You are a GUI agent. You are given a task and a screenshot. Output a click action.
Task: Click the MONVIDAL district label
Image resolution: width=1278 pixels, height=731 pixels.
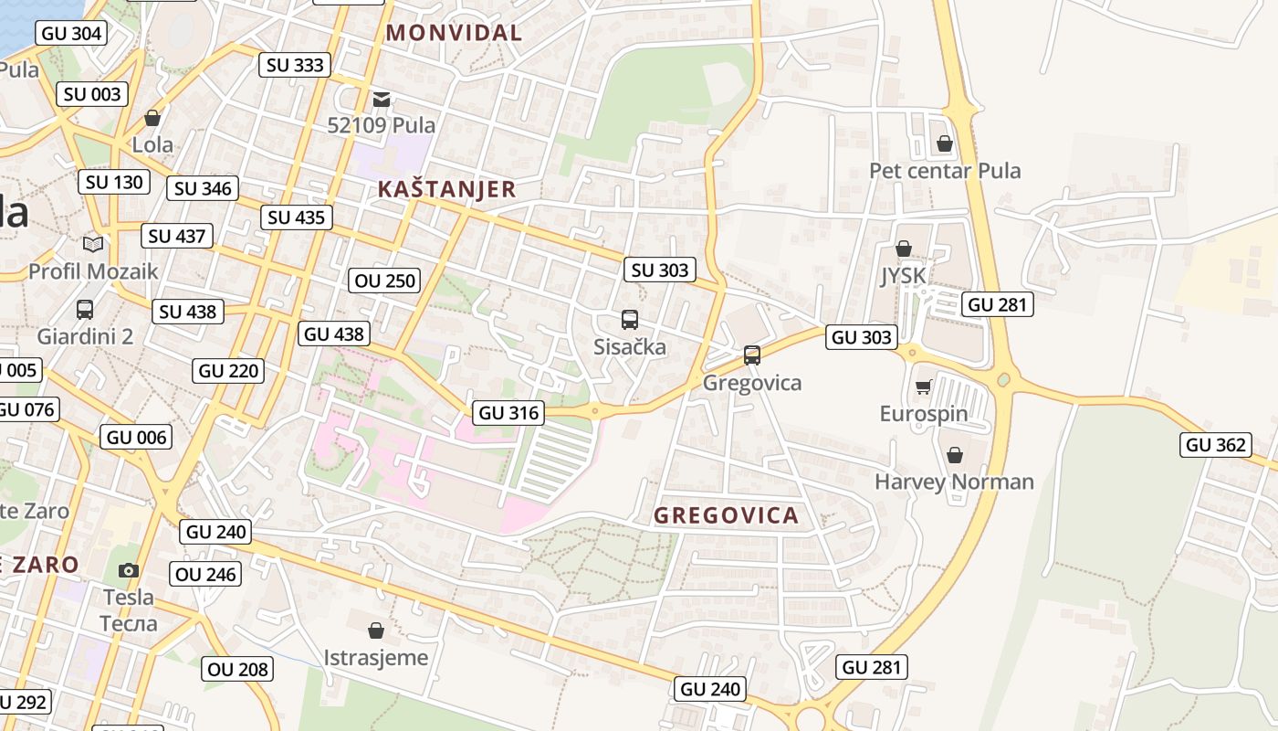point(454,33)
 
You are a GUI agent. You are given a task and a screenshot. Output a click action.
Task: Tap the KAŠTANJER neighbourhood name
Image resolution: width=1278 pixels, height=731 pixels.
point(446,189)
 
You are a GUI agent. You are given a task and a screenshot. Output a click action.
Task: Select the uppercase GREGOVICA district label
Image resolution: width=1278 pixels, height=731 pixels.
point(727,515)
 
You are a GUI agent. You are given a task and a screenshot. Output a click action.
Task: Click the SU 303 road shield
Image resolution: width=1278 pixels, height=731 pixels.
point(660,270)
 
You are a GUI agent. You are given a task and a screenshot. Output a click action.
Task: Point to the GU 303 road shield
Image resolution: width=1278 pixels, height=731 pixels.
point(861,337)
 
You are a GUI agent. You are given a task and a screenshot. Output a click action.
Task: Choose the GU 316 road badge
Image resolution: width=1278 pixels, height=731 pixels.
point(508,413)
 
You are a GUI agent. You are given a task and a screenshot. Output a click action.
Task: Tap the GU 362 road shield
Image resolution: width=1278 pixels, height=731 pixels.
point(1215,445)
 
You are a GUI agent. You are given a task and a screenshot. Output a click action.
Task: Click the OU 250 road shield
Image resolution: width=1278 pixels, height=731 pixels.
point(384,281)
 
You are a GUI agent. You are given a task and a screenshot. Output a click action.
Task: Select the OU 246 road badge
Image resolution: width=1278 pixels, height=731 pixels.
point(205,574)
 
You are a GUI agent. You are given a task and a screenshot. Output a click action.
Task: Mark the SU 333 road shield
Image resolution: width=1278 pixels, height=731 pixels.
point(294,65)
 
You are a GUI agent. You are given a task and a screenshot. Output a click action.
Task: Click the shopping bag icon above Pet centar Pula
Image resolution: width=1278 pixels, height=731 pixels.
point(945,144)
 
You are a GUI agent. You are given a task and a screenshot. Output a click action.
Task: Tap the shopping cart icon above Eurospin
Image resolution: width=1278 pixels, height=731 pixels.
point(923,387)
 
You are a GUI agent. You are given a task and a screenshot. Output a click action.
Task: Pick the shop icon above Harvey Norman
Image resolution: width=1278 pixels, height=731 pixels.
point(954,455)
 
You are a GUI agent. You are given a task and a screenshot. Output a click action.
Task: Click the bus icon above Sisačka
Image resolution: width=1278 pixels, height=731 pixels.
point(630,320)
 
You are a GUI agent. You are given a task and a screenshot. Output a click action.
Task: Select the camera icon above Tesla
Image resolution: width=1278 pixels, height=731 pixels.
point(129,570)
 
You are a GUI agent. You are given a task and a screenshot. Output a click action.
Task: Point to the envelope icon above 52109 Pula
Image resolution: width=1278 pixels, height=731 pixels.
point(382,99)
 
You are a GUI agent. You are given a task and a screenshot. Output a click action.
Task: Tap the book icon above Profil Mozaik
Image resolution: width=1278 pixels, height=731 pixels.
point(93,244)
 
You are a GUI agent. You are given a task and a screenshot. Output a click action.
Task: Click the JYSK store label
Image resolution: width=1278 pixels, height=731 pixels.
point(903,276)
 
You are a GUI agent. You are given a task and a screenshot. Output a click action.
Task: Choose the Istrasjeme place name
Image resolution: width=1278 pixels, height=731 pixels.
point(375,657)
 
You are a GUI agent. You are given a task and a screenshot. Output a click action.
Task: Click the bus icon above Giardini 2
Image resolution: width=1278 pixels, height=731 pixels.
point(85,310)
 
